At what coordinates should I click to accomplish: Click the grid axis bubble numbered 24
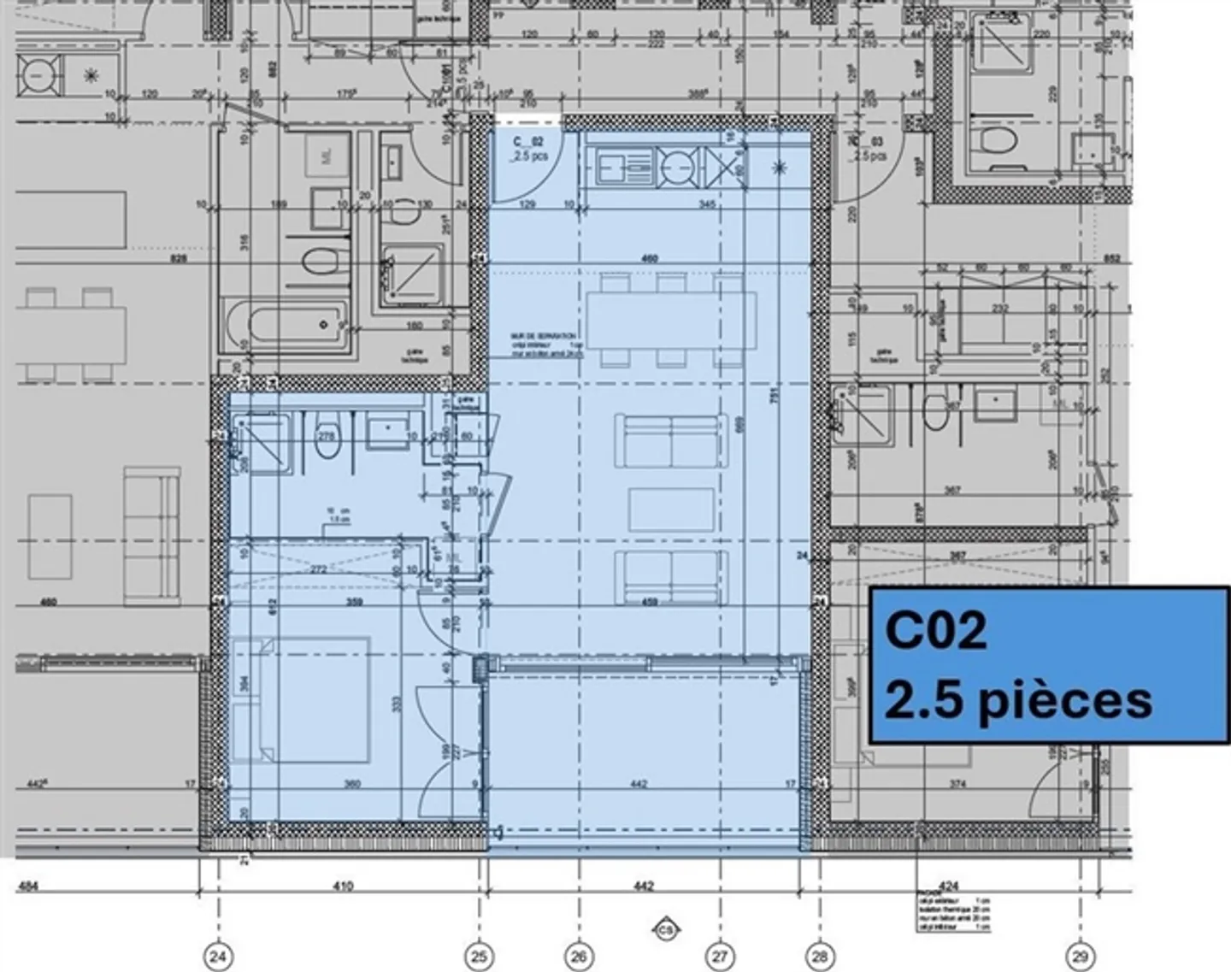click(x=218, y=956)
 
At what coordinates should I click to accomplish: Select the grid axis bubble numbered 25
click(x=479, y=956)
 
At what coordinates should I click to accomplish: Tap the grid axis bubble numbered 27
click(x=720, y=956)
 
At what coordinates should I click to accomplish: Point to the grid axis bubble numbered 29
click(x=1080, y=956)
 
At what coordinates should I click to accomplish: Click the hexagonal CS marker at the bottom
click(x=665, y=929)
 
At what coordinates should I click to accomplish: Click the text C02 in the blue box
click(x=936, y=630)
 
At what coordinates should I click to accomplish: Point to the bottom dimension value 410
click(x=342, y=886)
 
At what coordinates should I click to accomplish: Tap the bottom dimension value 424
click(x=948, y=886)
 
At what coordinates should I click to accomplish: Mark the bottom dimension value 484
click(x=28, y=886)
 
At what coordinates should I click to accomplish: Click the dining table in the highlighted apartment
click(x=671, y=321)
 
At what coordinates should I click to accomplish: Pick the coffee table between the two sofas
click(x=671, y=510)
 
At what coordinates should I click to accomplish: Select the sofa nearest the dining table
click(x=671, y=441)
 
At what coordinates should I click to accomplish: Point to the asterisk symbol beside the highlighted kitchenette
click(x=779, y=167)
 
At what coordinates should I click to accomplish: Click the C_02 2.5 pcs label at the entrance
click(x=529, y=149)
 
